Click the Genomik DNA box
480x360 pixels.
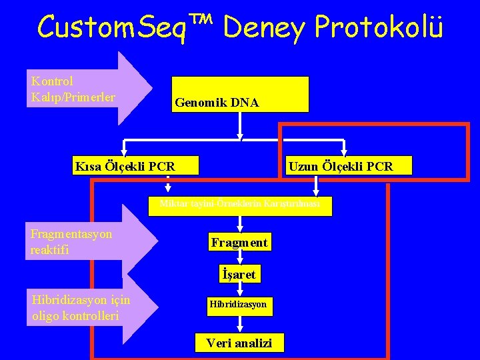[x=240, y=94]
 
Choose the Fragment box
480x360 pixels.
[x=239, y=243]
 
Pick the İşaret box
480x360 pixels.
[x=239, y=274]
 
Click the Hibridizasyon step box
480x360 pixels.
[x=239, y=305]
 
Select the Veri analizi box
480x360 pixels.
[x=239, y=343]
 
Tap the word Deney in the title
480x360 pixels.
[x=265, y=28]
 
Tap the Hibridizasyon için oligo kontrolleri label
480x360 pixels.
[x=80, y=307]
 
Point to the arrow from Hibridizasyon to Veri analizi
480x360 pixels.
[x=239, y=323]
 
